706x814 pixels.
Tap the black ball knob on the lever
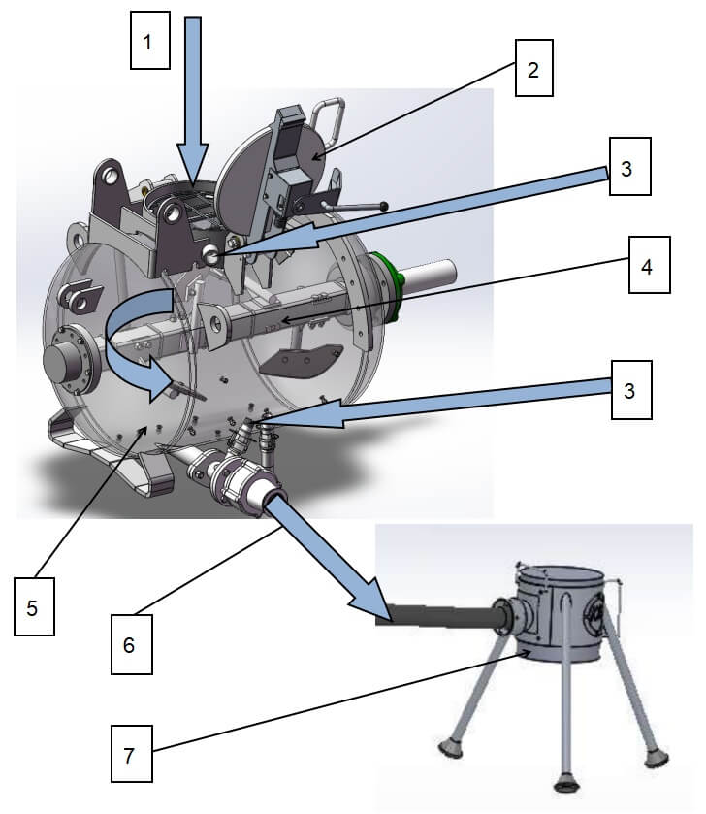click(x=385, y=206)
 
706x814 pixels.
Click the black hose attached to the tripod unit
click(x=436, y=615)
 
